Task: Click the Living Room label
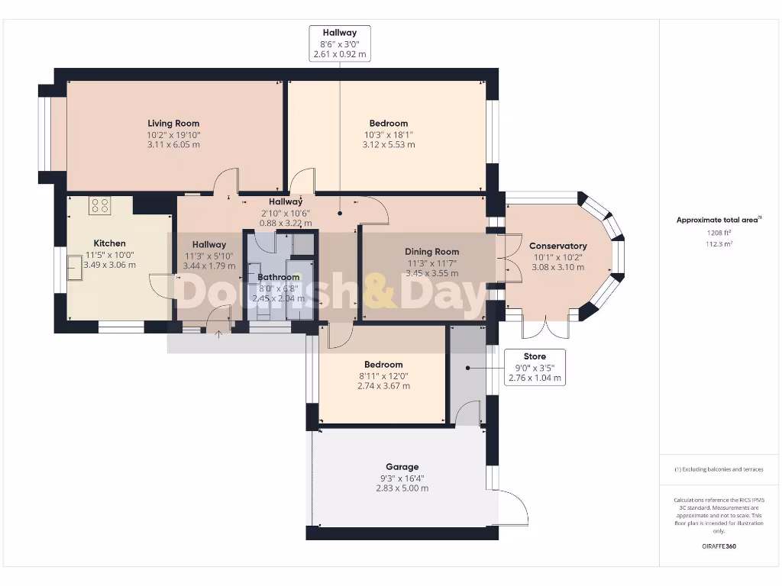[x=173, y=123]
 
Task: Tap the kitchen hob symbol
[x=100, y=204]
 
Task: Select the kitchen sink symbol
[x=76, y=268]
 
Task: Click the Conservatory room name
[x=557, y=246]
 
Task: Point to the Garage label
[x=402, y=466]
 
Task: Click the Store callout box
[x=535, y=367]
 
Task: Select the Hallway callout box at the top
[x=339, y=43]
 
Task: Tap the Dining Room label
[x=431, y=251]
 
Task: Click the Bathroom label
[x=278, y=277]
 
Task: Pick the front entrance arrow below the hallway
[x=219, y=333]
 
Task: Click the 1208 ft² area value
[x=718, y=231]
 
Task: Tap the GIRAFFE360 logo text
[x=719, y=546]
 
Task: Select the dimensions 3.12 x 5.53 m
[x=388, y=144]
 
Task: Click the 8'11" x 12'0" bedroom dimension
[x=383, y=375]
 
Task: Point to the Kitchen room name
[x=109, y=243]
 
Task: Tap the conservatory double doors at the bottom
[x=545, y=327]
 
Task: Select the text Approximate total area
[x=718, y=220]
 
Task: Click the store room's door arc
[x=467, y=414]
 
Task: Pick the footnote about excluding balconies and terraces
[x=718, y=469]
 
